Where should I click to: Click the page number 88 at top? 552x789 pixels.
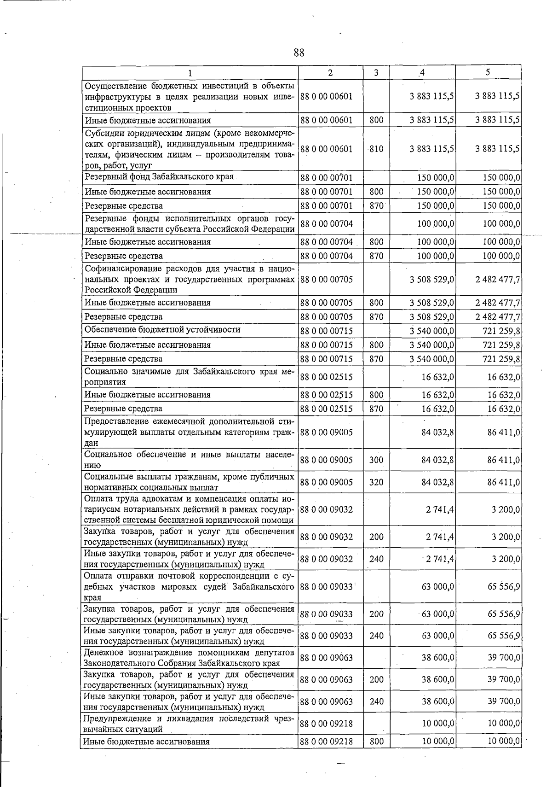click(x=299, y=53)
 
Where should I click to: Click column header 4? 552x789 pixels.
click(x=422, y=72)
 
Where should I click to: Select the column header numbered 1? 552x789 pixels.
click(x=190, y=72)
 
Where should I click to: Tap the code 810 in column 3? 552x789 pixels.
click(x=376, y=149)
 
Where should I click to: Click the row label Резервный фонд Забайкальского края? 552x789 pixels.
click(x=159, y=177)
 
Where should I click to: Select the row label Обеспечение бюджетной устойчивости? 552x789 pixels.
click(x=162, y=330)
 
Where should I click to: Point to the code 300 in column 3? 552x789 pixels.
click(x=376, y=460)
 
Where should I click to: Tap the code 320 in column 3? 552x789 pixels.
click(x=376, y=482)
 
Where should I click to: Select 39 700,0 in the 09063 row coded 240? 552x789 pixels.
click(x=504, y=701)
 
